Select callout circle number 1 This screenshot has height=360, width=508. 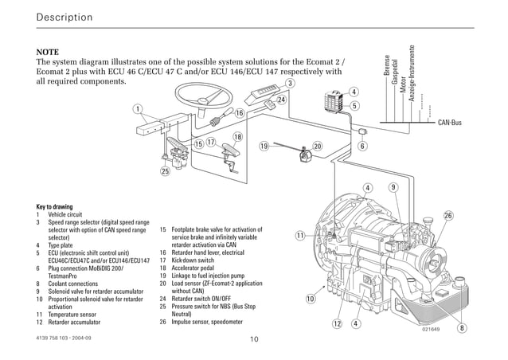(138, 109)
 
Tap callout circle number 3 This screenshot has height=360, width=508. (291, 84)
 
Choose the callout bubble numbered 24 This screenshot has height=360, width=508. (281, 100)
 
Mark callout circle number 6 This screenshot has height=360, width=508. (362, 147)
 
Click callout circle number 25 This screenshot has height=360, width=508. (165, 171)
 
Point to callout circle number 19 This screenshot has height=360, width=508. (264, 147)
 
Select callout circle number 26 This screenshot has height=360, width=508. (448, 216)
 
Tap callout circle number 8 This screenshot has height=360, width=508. (462, 328)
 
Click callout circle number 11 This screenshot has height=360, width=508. (299, 236)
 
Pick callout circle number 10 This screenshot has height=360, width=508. (311, 299)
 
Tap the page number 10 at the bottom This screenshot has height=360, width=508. (253, 340)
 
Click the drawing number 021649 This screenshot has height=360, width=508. (432, 327)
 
